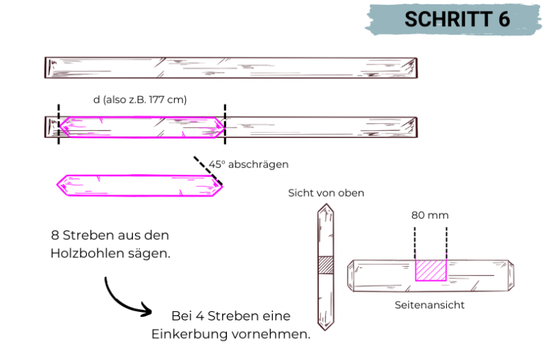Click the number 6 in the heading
point(503,19)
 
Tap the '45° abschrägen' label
point(248,164)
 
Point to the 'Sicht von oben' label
point(326,192)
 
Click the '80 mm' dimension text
point(430,215)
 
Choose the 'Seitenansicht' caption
point(430,306)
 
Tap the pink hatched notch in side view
point(431,270)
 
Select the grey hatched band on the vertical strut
point(326,264)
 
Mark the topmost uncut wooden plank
point(231,67)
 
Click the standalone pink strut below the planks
point(140,185)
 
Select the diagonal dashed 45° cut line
point(208,170)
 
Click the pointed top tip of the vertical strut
point(326,207)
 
